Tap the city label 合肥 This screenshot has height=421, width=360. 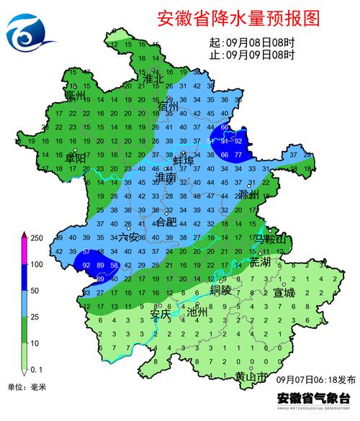pos(166,222)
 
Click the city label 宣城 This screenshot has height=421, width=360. pos(284,293)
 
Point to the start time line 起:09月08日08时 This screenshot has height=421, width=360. pos(251,42)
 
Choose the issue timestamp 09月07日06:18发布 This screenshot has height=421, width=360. pos(310,378)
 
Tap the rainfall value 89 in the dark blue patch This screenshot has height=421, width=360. pos(103,266)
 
